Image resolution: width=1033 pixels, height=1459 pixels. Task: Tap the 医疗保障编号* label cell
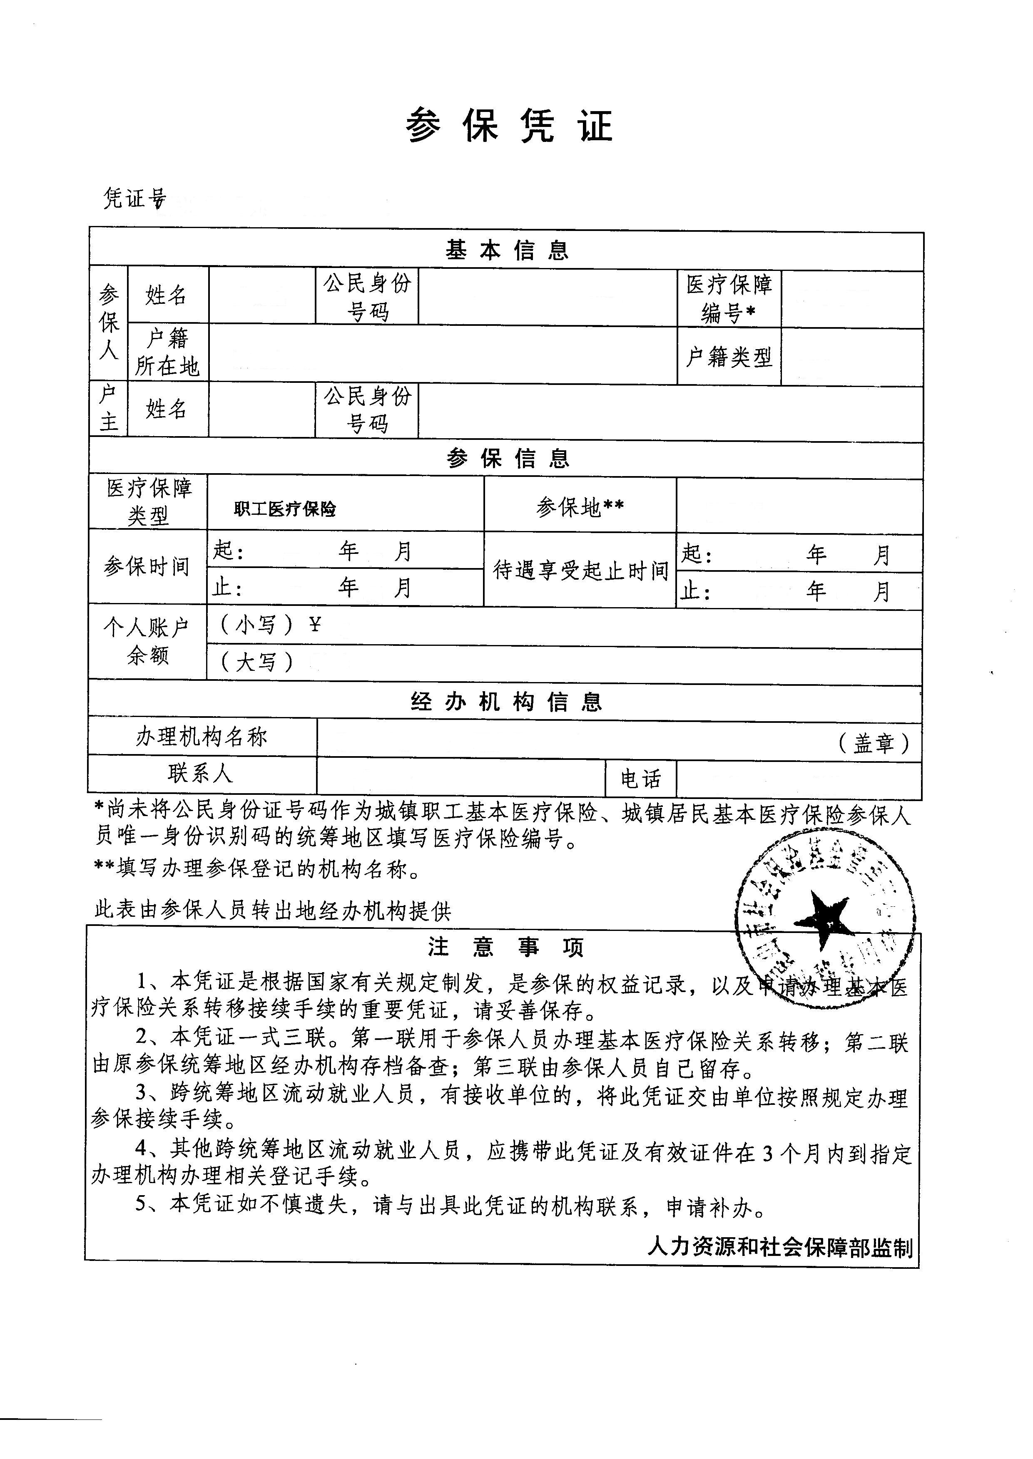729,298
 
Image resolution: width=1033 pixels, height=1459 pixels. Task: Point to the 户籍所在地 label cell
168,352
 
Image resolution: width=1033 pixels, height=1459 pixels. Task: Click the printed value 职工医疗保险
285,509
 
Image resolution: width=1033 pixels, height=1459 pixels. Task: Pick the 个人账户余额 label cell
147,641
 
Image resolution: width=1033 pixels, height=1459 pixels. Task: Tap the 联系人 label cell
201,774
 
